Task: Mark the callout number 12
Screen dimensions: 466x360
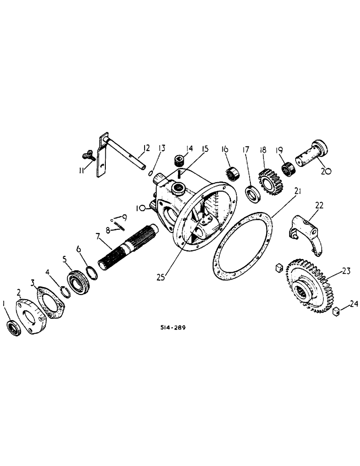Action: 146,149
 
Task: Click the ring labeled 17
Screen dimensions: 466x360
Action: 252,193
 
